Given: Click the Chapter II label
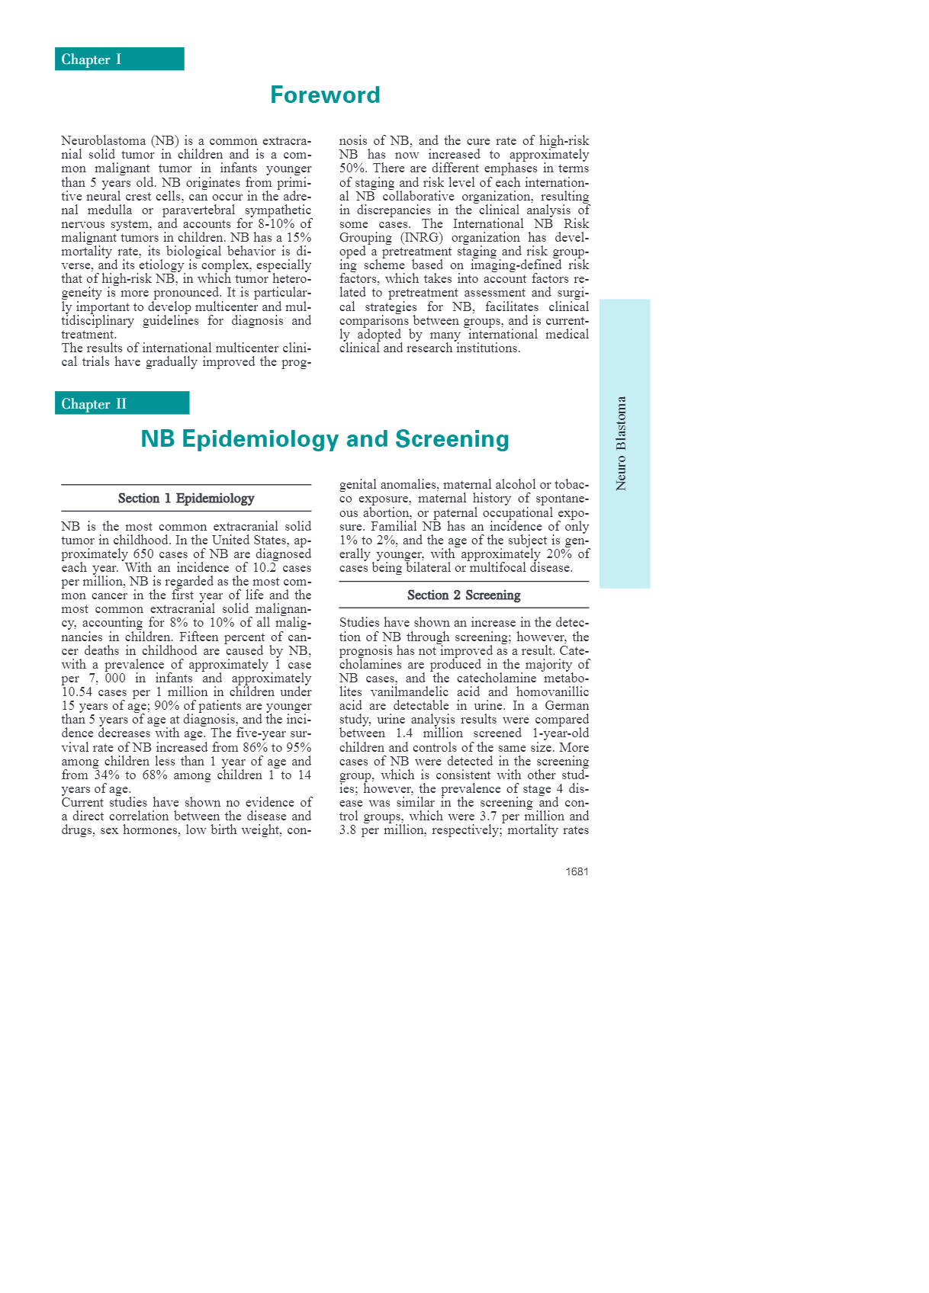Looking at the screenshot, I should point(94,404).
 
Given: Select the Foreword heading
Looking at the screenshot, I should point(325,95).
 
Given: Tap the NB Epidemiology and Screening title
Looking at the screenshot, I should point(325,439).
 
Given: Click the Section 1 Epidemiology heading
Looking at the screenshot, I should point(186,499).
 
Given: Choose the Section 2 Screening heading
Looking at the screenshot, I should point(464,595).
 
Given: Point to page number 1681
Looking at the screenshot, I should point(577,871).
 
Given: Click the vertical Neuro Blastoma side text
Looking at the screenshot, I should point(622,443).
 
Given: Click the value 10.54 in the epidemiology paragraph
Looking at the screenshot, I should point(78,692).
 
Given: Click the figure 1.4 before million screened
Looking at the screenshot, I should point(403,733).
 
